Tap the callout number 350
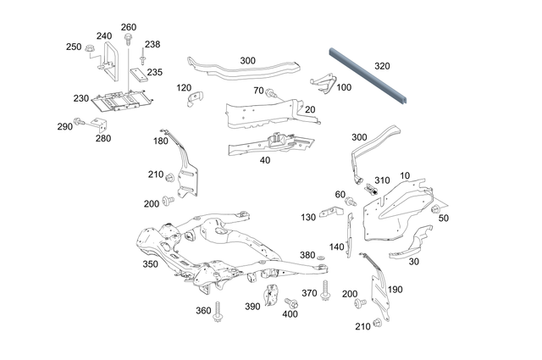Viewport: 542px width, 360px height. tap(150, 264)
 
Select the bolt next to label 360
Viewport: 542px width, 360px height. tap(218, 310)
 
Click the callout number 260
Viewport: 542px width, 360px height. tap(128, 27)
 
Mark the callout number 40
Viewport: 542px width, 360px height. tap(264, 159)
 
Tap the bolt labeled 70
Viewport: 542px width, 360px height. tap(271, 92)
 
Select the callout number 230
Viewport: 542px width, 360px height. tap(80, 98)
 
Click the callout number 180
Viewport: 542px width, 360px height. tap(160, 141)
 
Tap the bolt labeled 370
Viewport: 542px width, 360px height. tap(325, 282)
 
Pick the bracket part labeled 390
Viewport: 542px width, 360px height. tap(272, 296)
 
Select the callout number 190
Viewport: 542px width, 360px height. tap(394, 290)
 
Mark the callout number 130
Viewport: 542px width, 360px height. tap(308, 218)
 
